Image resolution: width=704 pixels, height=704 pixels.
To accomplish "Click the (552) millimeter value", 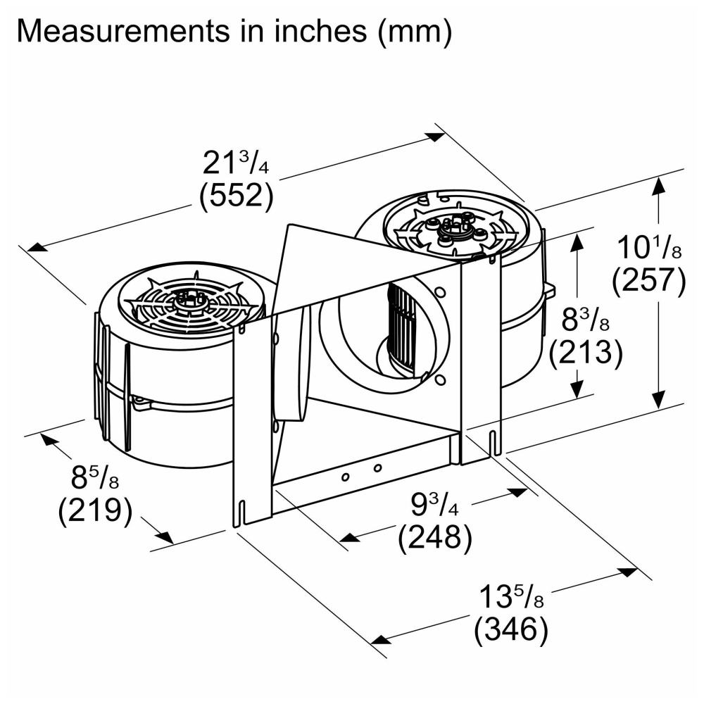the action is click(236, 195).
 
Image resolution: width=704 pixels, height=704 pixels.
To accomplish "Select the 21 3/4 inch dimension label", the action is click(236, 162).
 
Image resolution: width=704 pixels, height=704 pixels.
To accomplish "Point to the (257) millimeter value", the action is click(649, 280).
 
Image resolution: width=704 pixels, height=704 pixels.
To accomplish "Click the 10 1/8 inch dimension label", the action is click(649, 247).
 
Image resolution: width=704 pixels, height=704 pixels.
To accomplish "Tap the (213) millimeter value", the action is click(586, 353).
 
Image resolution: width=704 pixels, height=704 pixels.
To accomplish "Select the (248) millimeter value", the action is click(435, 536).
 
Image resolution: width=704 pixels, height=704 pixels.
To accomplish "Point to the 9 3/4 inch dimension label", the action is click(434, 503).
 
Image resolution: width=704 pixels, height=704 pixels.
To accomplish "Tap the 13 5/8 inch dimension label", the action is click(511, 596).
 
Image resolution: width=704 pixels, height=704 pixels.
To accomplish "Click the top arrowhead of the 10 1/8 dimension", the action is click(659, 186).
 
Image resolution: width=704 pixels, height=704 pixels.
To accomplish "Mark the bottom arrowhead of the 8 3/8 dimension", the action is click(577, 389).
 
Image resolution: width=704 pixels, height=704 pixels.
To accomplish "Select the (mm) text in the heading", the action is click(415, 32).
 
